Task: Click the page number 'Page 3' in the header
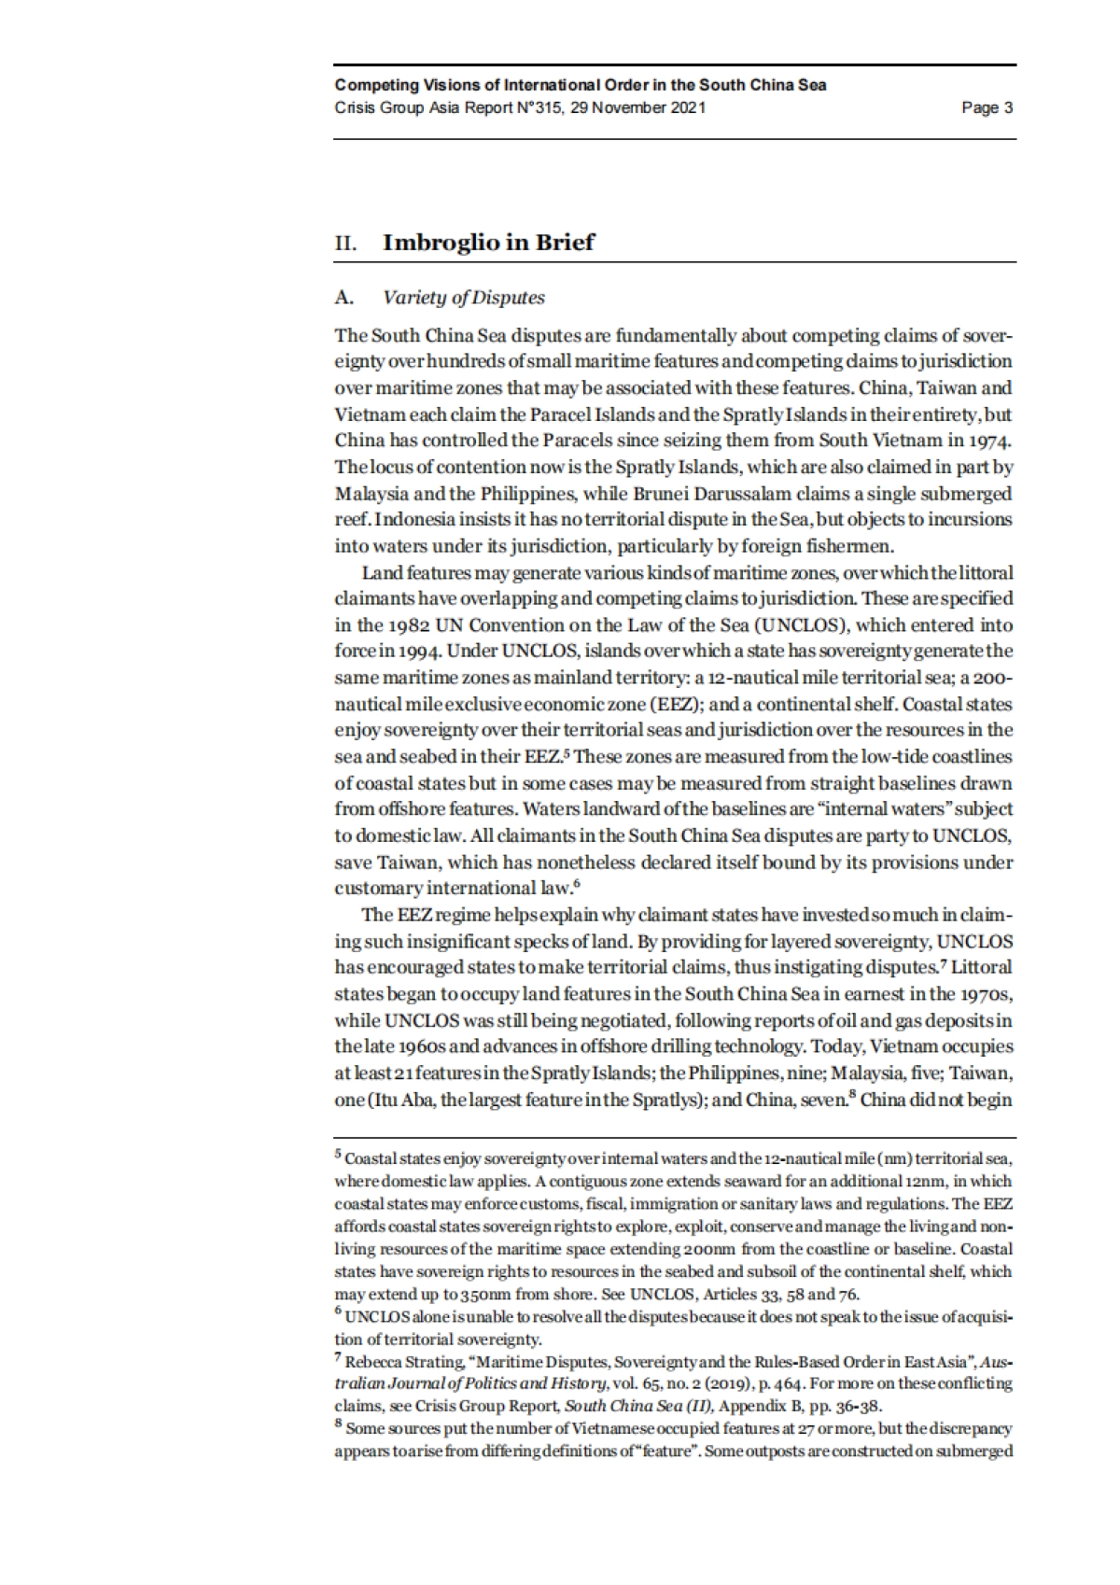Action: pyautogui.click(x=987, y=107)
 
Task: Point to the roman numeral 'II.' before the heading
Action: pyautogui.click(x=346, y=244)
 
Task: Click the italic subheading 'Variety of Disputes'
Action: pyautogui.click(x=464, y=298)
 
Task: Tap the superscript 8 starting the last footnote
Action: pyautogui.click(x=338, y=1425)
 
